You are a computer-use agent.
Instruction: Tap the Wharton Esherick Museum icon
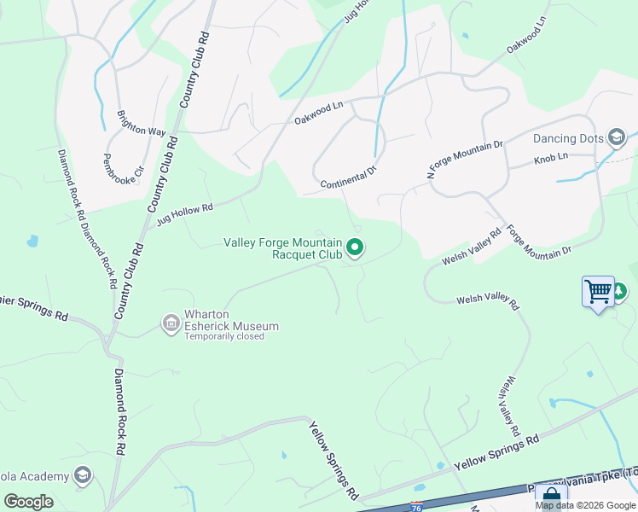click(171, 323)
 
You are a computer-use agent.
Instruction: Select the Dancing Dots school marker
click(616, 137)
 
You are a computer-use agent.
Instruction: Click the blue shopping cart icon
click(598, 292)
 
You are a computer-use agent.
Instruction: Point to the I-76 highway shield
click(417, 506)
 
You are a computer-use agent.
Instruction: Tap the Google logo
click(28, 502)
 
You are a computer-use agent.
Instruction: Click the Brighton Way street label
click(142, 122)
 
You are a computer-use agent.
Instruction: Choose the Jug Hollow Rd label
click(183, 214)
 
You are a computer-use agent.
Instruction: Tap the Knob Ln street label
click(551, 159)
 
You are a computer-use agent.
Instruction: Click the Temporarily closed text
click(224, 336)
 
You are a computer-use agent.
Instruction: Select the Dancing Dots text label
click(567, 138)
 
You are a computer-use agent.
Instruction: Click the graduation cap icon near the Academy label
click(83, 474)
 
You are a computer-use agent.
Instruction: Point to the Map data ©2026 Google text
click(586, 505)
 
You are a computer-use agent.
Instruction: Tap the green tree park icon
click(620, 292)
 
